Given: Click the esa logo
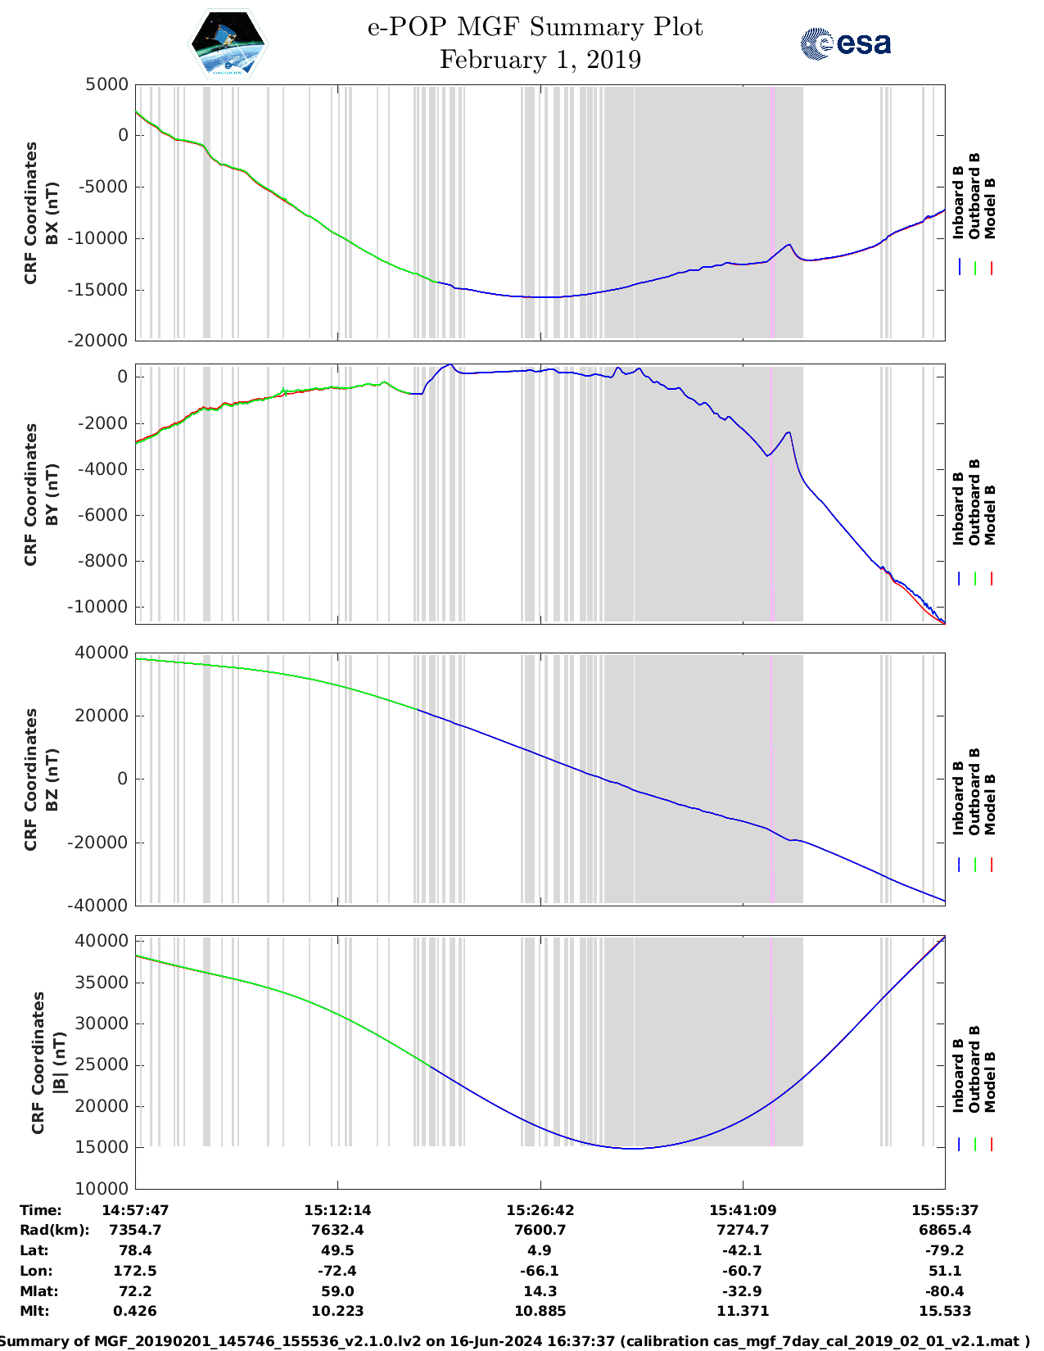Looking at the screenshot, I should point(845,43).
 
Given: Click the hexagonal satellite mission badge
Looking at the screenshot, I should point(228,43).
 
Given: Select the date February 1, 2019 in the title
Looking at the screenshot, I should point(540,60).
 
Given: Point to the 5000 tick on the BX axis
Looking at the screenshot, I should point(107,84).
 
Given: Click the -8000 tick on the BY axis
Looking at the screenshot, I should point(104,562).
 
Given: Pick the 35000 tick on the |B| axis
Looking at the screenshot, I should point(107,983).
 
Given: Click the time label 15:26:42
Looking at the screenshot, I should point(540,1210).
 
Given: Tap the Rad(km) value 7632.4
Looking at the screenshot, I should point(337,1230).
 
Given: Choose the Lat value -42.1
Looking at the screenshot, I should point(743,1250).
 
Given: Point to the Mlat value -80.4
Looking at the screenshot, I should point(945,1291).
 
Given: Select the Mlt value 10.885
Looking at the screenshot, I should point(540,1311).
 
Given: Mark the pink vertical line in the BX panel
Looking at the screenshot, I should point(772,213).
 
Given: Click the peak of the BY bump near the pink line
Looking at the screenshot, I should point(789,432).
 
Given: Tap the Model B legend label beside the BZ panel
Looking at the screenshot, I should point(991,804).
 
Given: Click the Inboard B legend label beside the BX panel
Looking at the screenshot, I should point(959,202).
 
